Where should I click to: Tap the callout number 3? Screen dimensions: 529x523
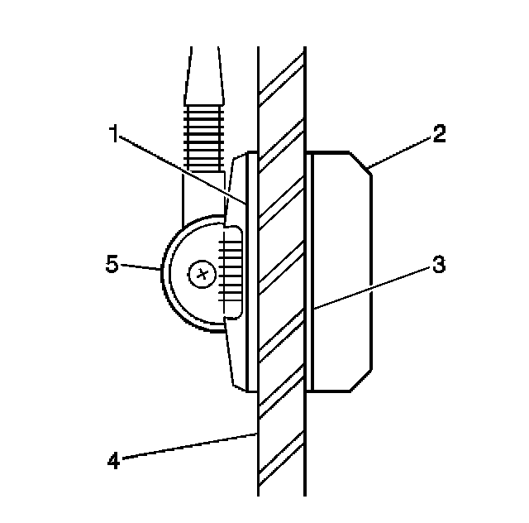pos(439,265)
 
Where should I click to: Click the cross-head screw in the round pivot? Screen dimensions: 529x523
pos(200,274)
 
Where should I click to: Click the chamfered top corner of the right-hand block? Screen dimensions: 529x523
pos(361,161)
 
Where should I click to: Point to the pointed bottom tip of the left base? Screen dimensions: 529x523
pos(242,384)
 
